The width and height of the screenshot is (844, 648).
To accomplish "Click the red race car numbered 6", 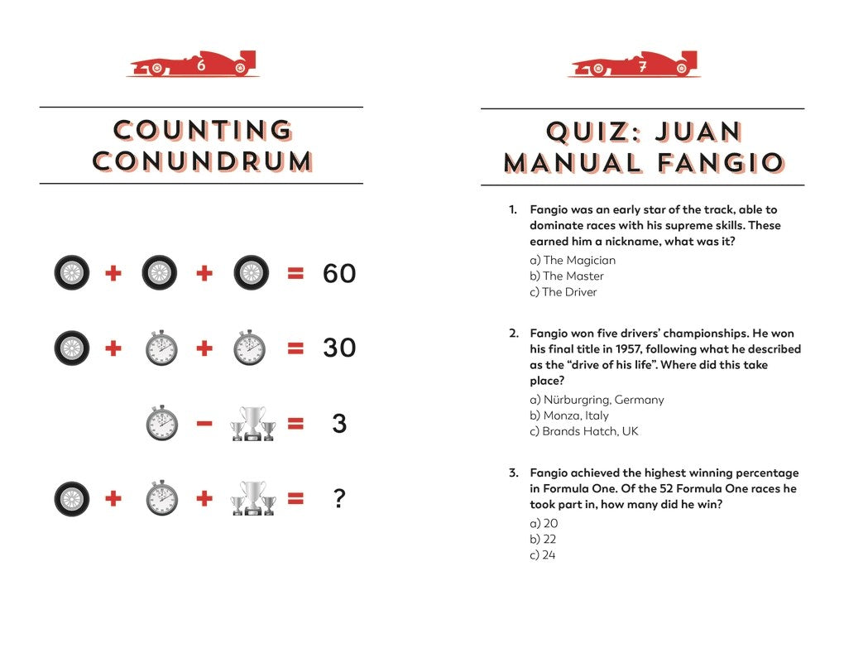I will (x=193, y=65).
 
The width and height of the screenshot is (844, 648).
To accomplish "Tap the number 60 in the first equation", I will (x=338, y=273).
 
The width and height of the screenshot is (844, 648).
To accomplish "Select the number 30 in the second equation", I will (x=338, y=348).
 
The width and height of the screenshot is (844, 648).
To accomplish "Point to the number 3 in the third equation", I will (x=338, y=425).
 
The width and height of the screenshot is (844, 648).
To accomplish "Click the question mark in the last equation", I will (x=338, y=499).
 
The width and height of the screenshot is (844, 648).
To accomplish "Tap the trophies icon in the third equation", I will (x=253, y=424).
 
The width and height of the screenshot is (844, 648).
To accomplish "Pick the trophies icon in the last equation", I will (x=253, y=498).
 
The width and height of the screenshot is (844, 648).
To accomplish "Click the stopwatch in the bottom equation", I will (x=161, y=499).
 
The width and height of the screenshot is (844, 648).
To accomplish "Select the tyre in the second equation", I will (x=72, y=348).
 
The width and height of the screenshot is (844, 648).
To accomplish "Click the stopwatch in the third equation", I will (x=161, y=424).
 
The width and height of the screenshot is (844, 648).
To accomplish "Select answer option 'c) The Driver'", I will (x=563, y=291).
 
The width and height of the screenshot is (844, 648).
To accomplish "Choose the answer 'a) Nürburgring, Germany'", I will (x=597, y=400).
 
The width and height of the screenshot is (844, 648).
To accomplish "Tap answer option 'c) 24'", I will (x=542, y=554).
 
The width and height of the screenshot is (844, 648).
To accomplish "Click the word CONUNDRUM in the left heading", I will (x=203, y=161).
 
